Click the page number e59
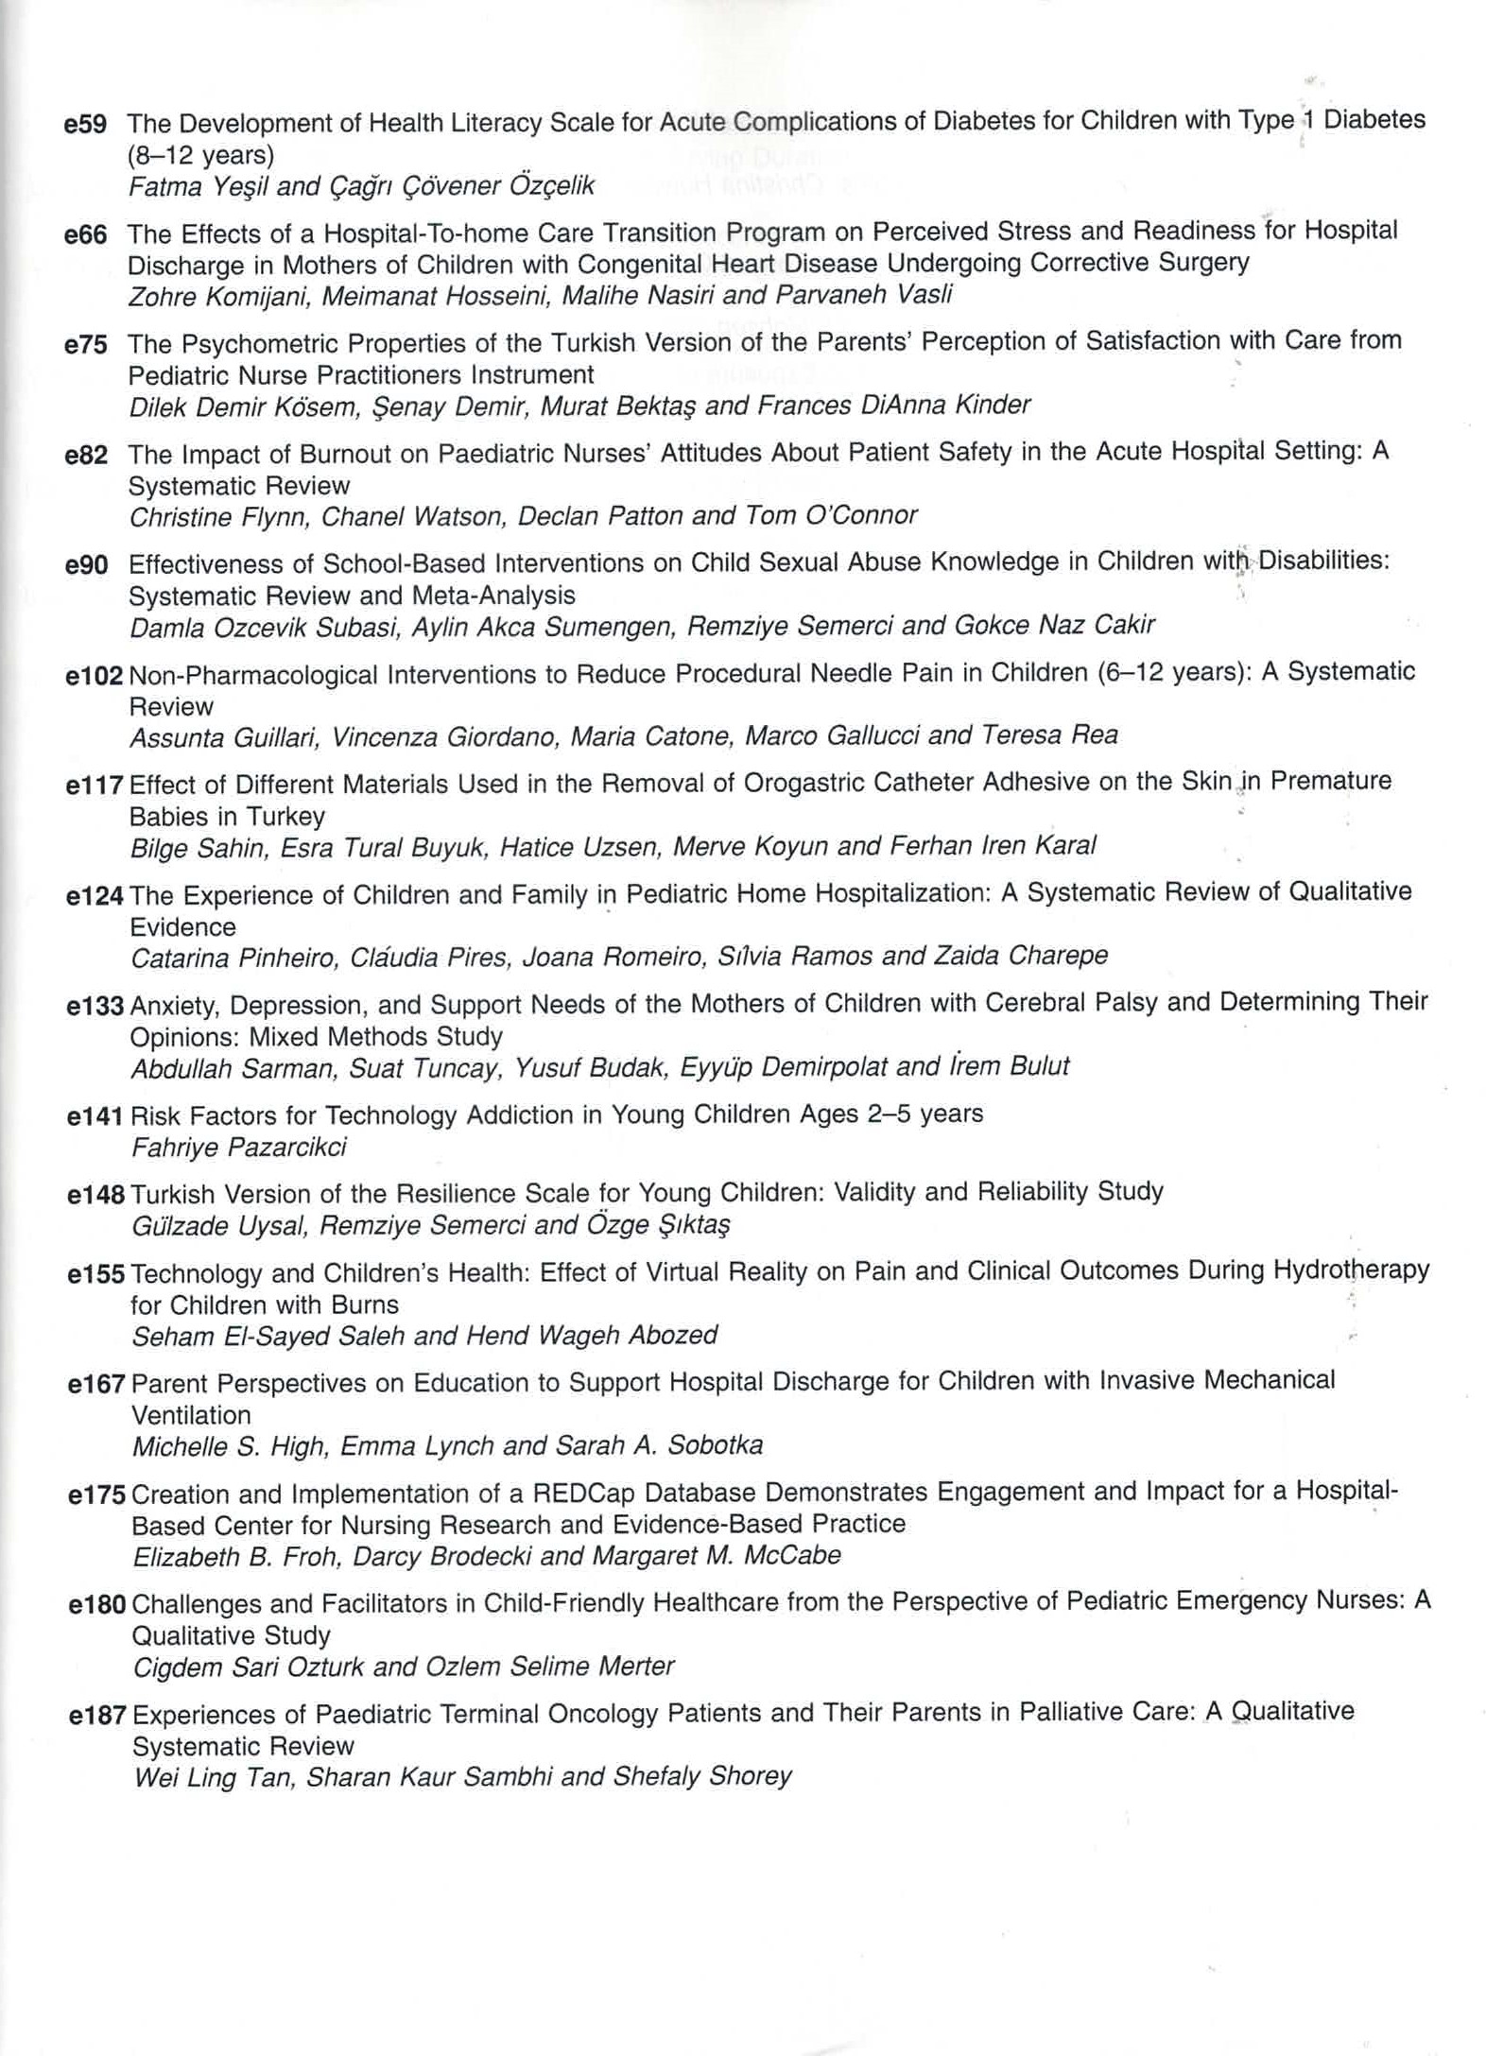(x=85, y=124)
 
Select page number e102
(x=95, y=676)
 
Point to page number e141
(x=95, y=1116)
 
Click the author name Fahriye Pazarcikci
(x=239, y=1148)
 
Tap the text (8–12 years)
(x=200, y=154)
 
